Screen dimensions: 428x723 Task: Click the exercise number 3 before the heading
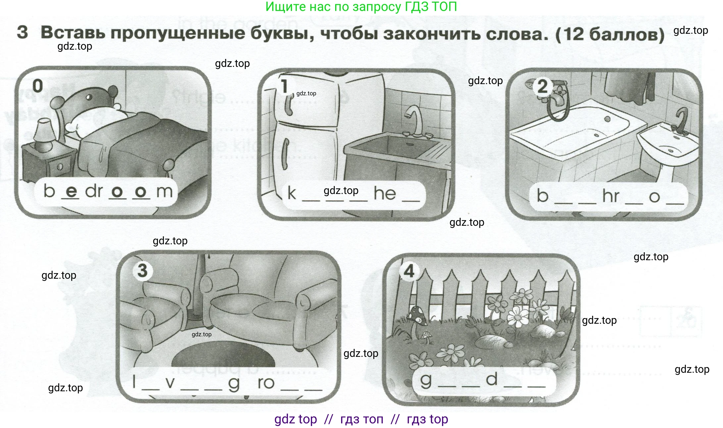(22, 32)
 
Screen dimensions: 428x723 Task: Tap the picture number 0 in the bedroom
(38, 86)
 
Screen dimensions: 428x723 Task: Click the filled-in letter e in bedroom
(71, 191)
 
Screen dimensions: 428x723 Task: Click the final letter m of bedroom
(164, 192)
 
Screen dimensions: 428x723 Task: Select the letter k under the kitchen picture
(291, 193)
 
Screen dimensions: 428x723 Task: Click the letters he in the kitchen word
(385, 193)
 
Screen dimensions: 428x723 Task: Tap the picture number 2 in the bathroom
(542, 87)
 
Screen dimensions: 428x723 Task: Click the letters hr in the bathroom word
(610, 196)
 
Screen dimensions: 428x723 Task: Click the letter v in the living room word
(170, 383)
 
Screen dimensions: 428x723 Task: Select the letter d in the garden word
(492, 379)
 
